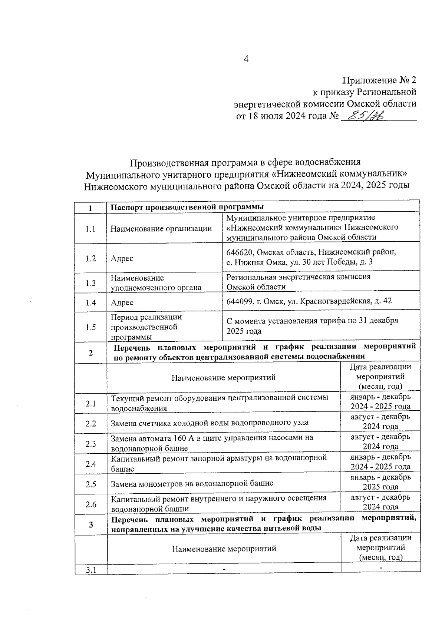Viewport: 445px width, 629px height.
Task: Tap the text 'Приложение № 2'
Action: [x=379, y=80]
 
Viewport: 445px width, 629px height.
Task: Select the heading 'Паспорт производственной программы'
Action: [x=187, y=207]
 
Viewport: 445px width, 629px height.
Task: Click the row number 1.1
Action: [x=90, y=229]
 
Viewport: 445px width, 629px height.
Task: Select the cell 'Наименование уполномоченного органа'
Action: [x=156, y=282]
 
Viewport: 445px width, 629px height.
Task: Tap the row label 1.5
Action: [x=90, y=327]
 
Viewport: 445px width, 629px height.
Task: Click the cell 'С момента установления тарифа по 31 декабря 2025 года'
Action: [x=312, y=326]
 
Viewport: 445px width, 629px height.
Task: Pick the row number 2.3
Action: [x=90, y=444]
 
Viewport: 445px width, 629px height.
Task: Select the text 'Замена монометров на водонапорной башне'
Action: [x=192, y=483]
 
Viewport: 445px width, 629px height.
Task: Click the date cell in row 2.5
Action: [x=380, y=482]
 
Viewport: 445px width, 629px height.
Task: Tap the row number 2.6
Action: [x=90, y=504]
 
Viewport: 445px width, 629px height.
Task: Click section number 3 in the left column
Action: [x=91, y=524]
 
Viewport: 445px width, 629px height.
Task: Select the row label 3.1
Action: [x=91, y=570]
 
